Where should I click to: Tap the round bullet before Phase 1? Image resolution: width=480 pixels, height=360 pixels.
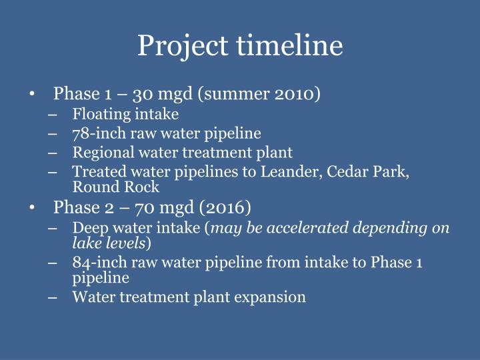click(33, 94)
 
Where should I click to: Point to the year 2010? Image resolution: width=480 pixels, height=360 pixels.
click(295, 93)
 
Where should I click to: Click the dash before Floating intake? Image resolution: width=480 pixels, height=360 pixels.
click(53, 114)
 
